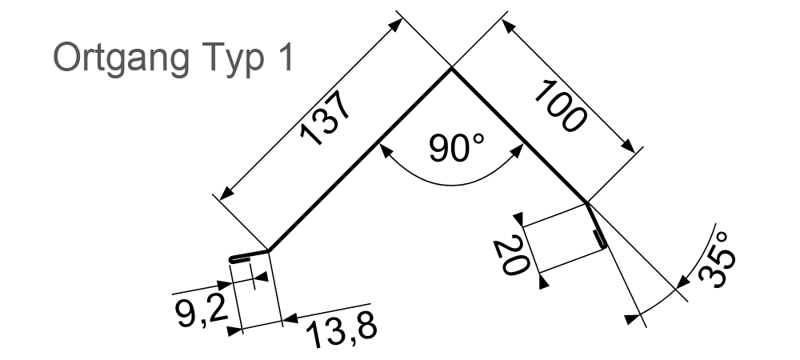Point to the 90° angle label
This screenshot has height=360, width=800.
457,149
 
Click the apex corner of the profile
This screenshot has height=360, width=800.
450,70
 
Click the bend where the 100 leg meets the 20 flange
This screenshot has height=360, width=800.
588,204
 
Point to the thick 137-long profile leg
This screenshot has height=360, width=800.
360,160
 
